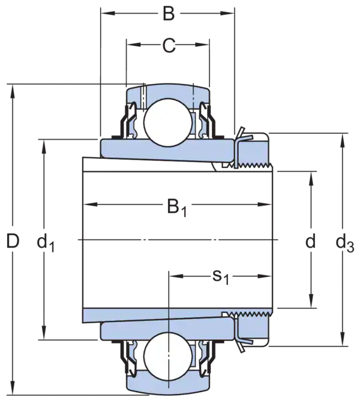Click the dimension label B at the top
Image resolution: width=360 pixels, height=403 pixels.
pos(169,14)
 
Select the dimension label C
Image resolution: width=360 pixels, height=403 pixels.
pos(169,46)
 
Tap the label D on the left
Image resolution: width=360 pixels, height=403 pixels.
pos(13,241)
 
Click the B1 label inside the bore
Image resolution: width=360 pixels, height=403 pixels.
pos(177,207)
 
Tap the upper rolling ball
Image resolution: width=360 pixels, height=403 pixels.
pos(168,122)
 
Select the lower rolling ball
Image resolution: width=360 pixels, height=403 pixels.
pos(168,356)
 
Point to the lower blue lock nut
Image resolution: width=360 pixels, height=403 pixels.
pos(253,329)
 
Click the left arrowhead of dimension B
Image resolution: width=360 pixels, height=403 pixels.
pos(107,13)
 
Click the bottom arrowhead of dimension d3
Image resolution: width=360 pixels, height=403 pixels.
pos(342,339)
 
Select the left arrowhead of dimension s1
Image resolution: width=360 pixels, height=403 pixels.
pos(176,276)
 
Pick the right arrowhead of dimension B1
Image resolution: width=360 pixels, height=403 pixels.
pos(265,204)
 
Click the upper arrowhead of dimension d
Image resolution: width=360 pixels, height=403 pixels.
pos(311,178)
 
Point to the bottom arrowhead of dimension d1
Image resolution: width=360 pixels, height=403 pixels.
pos(44,333)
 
